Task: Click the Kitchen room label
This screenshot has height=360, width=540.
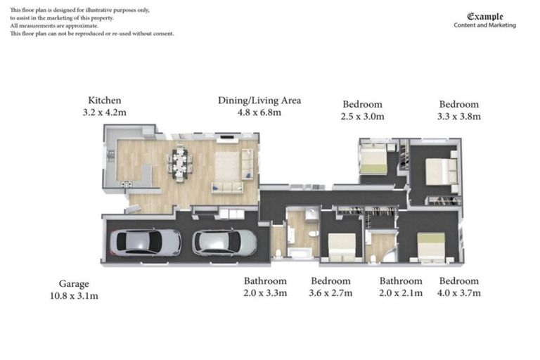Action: pos(104,101)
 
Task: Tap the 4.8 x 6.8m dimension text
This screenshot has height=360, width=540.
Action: pos(259,112)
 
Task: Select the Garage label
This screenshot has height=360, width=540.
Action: pos(74,284)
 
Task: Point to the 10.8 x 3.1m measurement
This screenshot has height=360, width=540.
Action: pos(74,295)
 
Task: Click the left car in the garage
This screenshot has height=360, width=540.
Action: pos(146,242)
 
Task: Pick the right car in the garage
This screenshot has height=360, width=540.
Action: pos(224,242)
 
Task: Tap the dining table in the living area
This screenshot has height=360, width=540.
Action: pos(180,164)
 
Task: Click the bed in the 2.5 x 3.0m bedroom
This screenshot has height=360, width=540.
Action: pos(373,160)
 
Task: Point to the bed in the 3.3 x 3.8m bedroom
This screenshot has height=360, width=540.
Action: pos(441,172)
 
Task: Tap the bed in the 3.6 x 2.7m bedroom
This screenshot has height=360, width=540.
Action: pos(342,247)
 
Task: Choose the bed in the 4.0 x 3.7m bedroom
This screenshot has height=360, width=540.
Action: pos(430,247)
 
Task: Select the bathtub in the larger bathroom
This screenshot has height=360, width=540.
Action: pos(301,252)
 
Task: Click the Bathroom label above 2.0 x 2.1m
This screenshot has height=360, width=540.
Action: pos(401,281)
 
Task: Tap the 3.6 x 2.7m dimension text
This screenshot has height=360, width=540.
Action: pos(330,292)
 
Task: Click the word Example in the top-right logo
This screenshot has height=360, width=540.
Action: pos(485,16)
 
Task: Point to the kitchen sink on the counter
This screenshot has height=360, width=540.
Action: pos(110,155)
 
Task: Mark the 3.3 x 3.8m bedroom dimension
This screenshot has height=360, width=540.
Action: pos(459,117)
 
